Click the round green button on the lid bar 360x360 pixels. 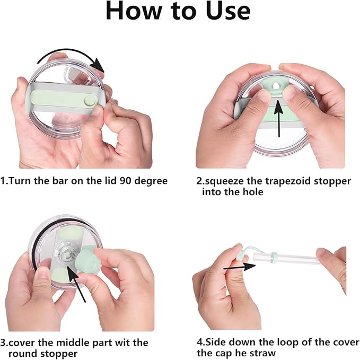pos(90,101)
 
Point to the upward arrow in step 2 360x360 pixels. pos(279,119)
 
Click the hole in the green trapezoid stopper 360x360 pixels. pos(276,86)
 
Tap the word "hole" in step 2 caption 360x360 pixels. pos(253,192)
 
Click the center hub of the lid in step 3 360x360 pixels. pos(67,254)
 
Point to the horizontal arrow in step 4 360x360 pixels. pos(240,267)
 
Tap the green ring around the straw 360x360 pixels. pos(274,258)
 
